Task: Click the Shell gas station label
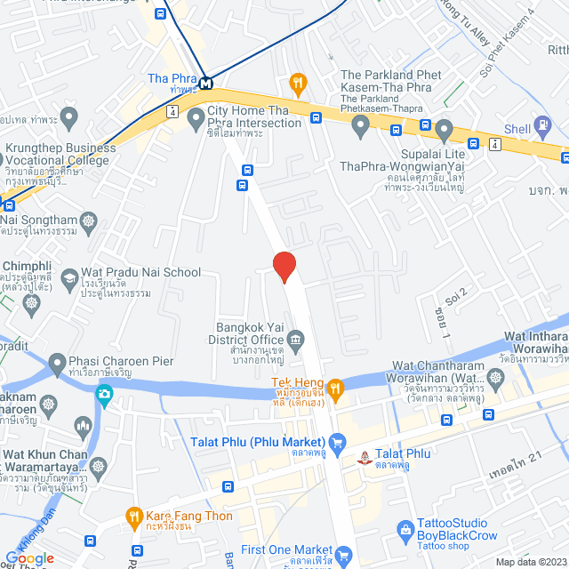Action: click(517, 129)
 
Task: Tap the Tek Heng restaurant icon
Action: click(334, 387)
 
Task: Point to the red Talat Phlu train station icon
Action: click(363, 458)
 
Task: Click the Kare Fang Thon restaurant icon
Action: click(134, 516)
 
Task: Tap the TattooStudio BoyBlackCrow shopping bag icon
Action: click(406, 530)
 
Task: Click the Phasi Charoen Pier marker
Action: click(57, 363)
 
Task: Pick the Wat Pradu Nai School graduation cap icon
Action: click(68, 280)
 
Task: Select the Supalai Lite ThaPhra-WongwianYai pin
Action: click(359, 129)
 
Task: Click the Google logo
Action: click(29, 557)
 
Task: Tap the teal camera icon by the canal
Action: click(105, 393)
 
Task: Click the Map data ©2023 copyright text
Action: click(530, 562)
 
